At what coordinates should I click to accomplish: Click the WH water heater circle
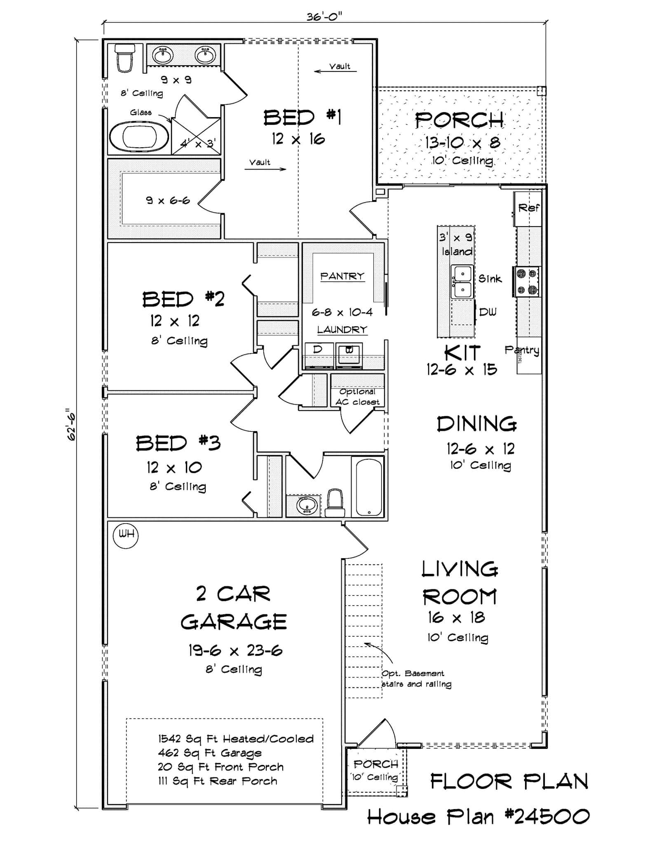126,536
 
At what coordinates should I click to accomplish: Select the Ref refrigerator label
528,208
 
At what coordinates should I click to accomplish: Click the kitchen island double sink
462,281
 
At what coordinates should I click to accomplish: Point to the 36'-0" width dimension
324,16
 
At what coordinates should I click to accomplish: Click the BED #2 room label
183,299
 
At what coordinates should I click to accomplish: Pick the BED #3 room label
178,443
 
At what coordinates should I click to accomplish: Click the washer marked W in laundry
349,354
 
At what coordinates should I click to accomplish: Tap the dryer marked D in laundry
318,354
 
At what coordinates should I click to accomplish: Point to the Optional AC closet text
357,397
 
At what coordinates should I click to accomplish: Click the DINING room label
476,424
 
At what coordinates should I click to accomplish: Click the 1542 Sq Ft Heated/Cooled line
236,739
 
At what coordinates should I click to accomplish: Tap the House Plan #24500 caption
478,817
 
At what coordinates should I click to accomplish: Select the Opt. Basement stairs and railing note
416,679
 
